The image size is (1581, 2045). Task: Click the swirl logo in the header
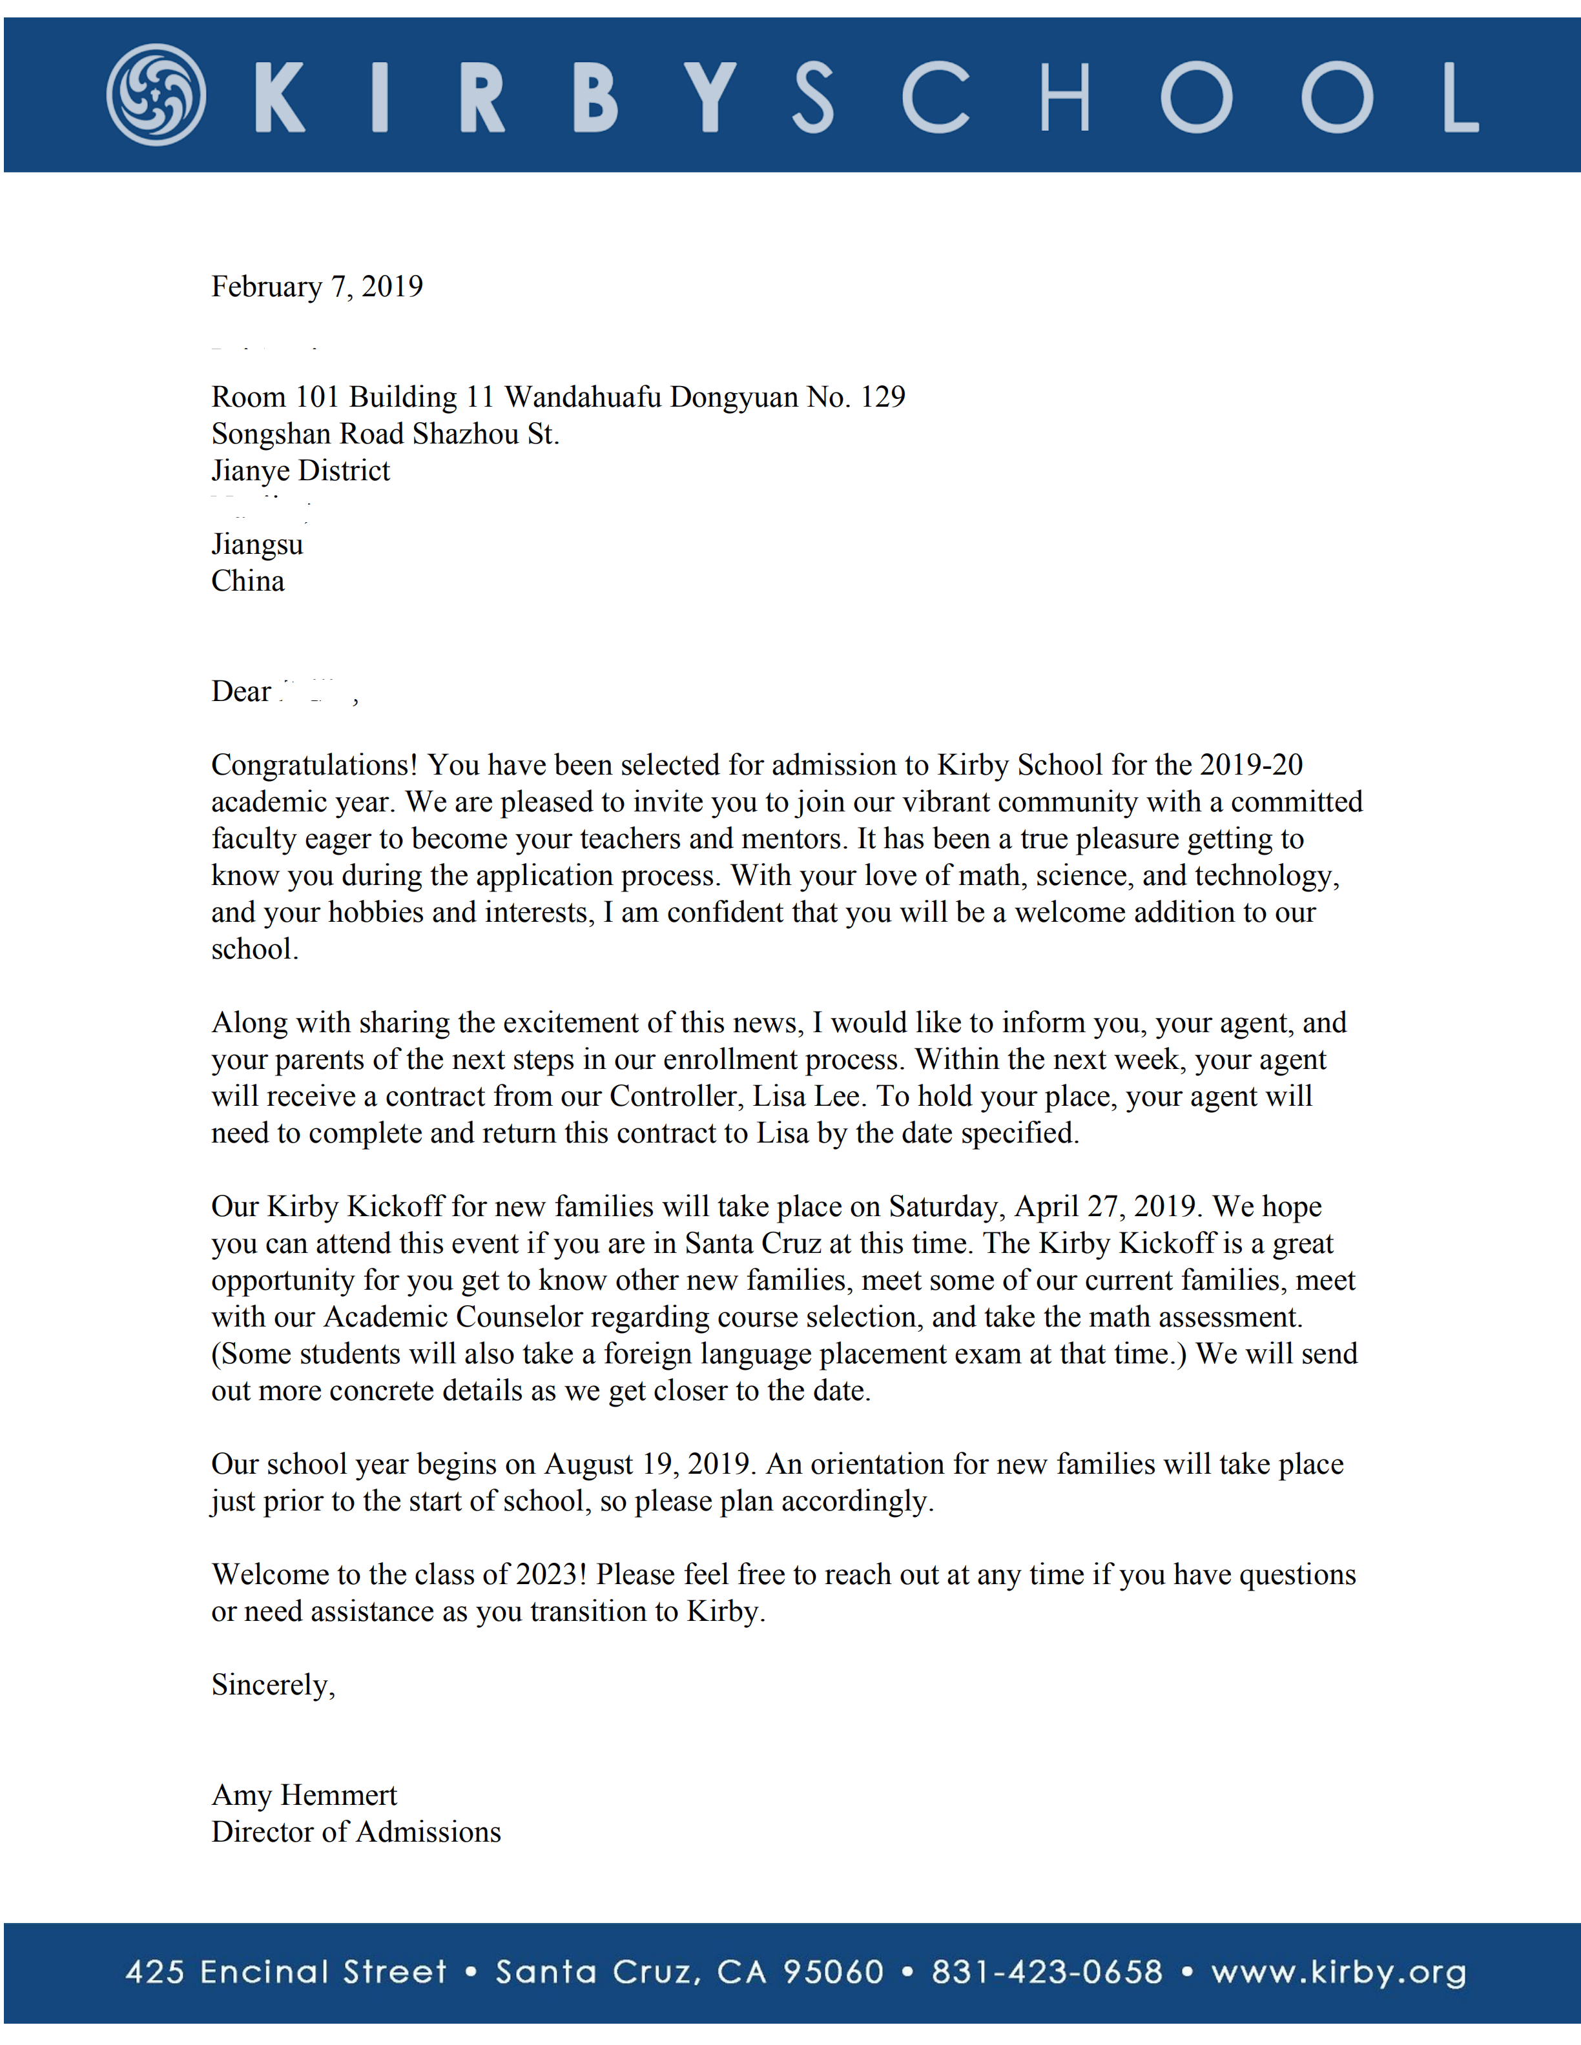156,95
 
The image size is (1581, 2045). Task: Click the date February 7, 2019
316,287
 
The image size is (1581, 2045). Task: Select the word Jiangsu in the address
256,544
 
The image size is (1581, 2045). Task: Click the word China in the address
247,582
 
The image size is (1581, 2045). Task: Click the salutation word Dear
241,692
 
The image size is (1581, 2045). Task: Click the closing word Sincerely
272,1685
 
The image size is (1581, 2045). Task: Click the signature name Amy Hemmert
304,1796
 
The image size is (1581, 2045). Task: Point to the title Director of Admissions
356,1833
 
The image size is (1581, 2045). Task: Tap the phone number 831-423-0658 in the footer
1046,1972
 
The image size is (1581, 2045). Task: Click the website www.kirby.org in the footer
1338,1972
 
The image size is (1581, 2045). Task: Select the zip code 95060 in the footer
832,1972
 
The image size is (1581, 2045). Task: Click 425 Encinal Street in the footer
285,1972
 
